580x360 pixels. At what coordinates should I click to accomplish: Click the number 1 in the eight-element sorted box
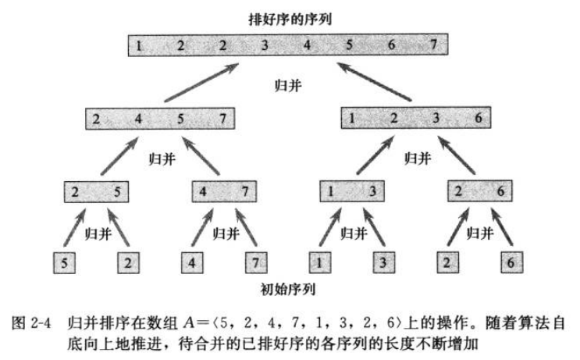click(138, 45)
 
